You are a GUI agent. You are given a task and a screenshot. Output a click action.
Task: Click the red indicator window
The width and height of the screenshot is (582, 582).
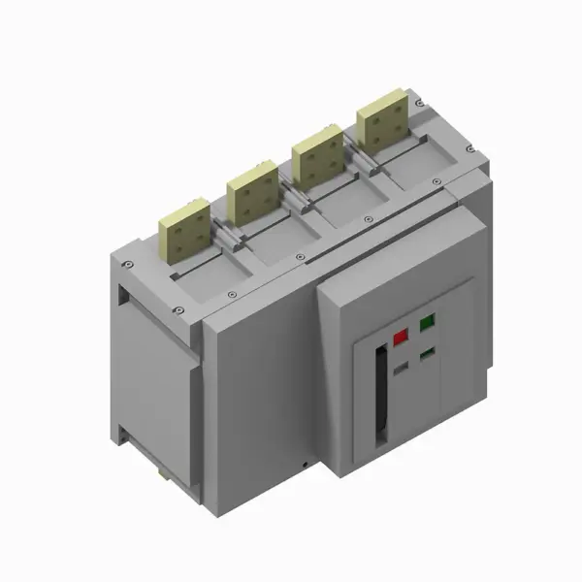click(400, 339)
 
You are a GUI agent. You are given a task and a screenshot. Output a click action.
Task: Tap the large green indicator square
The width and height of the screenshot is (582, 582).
click(426, 325)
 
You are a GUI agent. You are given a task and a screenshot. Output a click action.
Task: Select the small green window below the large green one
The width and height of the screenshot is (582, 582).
click(426, 355)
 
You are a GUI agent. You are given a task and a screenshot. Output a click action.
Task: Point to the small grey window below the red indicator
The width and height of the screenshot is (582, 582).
click(400, 369)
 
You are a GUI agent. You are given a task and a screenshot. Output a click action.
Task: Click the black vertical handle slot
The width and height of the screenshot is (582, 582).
click(379, 397)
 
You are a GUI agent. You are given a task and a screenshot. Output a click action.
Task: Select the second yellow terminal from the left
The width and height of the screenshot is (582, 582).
click(254, 190)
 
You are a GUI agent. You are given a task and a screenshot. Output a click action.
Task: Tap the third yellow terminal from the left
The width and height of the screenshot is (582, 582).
click(319, 156)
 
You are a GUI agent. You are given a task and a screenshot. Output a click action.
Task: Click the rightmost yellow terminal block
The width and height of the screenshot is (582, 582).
click(380, 124)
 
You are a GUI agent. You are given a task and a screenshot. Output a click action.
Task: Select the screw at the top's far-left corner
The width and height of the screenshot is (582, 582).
click(126, 263)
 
